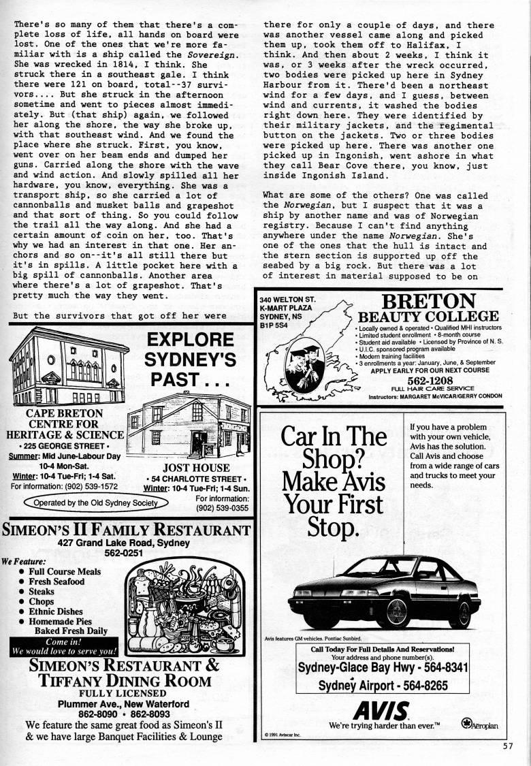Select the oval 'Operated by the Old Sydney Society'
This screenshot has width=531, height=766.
(x=96, y=503)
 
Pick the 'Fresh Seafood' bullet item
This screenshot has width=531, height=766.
(x=57, y=581)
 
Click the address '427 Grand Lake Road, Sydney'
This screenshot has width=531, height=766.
(x=119, y=543)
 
